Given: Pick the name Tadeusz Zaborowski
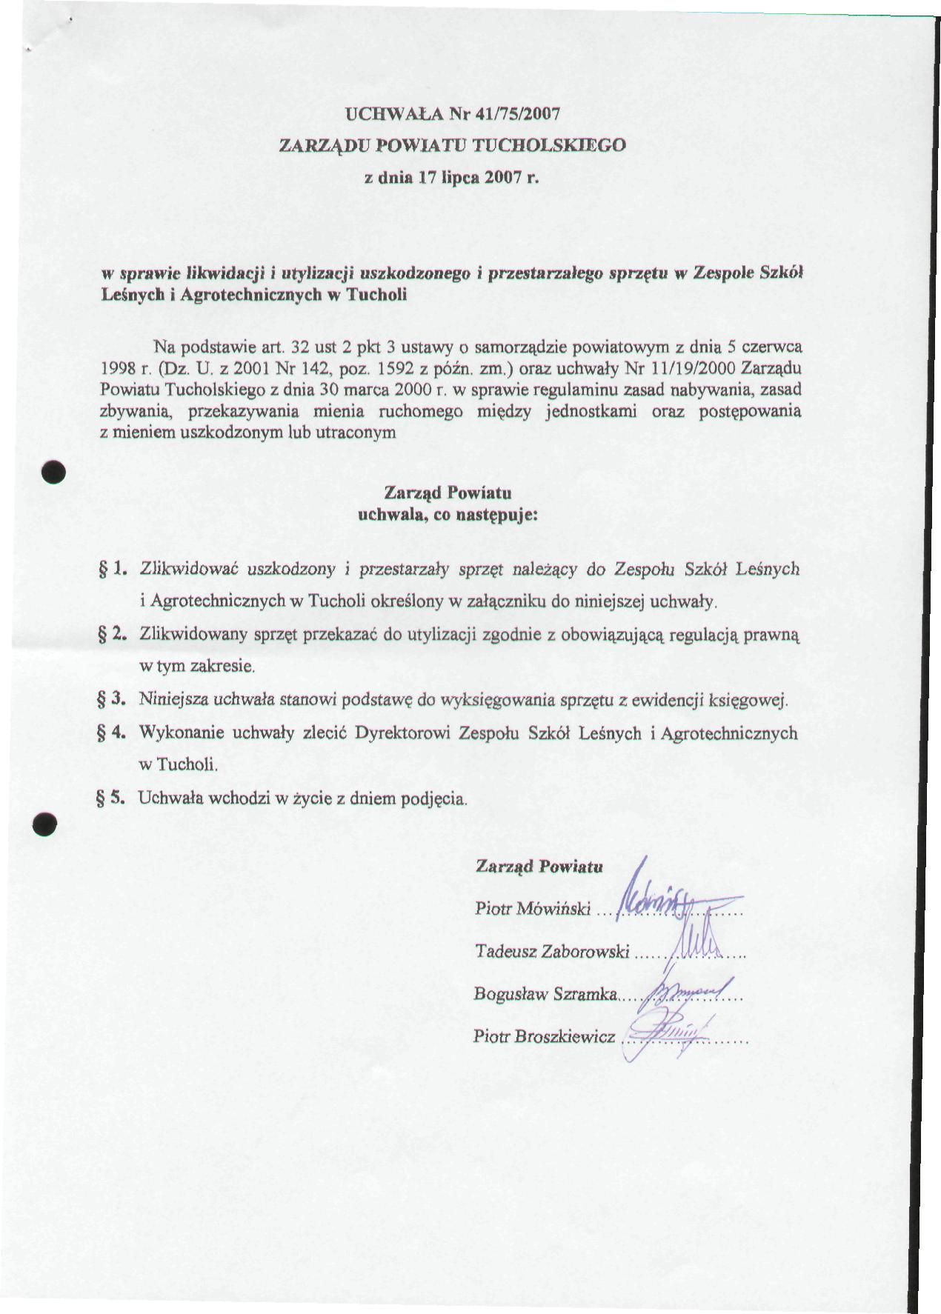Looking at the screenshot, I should click(x=552, y=952).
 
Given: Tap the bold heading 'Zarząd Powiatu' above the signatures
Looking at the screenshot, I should click(x=539, y=866).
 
